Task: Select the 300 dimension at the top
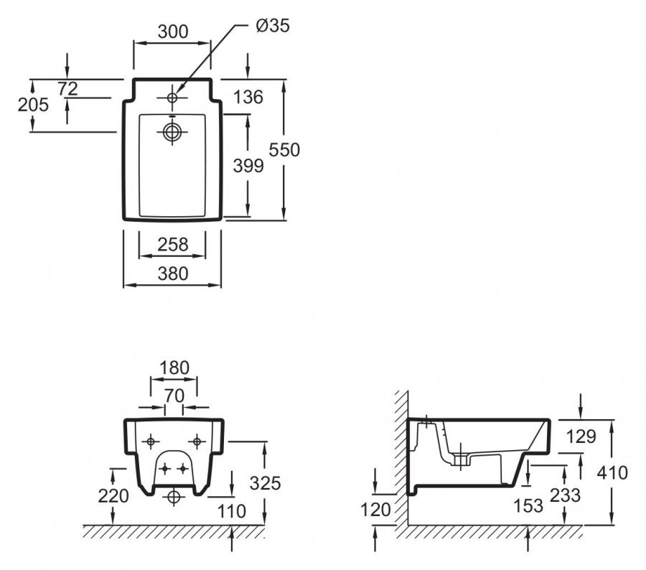pyautogui.click(x=172, y=32)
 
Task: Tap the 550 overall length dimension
pyautogui.click(x=284, y=149)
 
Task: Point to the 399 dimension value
pyautogui.click(x=249, y=166)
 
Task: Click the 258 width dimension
pyautogui.click(x=172, y=245)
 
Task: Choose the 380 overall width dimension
pyautogui.click(x=172, y=274)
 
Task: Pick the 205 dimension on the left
pyautogui.click(x=33, y=105)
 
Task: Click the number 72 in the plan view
pyautogui.click(x=67, y=88)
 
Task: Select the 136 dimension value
pyautogui.click(x=248, y=97)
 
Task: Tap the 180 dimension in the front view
pyautogui.click(x=174, y=368)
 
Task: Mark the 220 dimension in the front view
pyautogui.click(x=113, y=495)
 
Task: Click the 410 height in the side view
pyautogui.click(x=612, y=473)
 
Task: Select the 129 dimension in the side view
pyautogui.click(x=579, y=436)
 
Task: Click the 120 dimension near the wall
pyautogui.click(x=376, y=510)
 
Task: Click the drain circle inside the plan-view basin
pyautogui.click(x=172, y=131)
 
